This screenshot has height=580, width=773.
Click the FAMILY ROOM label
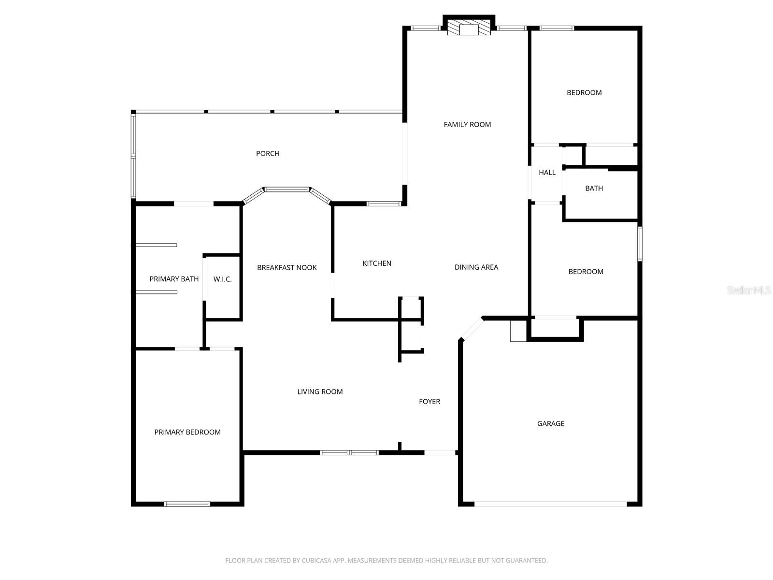tap(467, 125)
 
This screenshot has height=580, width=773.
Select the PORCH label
tap(268, 154)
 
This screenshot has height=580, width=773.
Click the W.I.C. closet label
tap(223, 279)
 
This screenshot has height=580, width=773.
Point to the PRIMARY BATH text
tap(174, 279)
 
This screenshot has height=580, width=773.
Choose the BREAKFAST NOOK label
tap(287, 268)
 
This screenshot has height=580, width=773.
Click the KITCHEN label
tap(377, 263)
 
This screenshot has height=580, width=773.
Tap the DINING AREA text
tap(476, 267)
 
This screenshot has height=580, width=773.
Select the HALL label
tap(547, 173)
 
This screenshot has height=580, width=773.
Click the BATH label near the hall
tap(594, 188)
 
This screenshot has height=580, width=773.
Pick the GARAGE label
tap(551, 424)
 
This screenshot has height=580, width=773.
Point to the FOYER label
tap(429, 402)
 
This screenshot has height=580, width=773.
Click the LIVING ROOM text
tap(320, 392)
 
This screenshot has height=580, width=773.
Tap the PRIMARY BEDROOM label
tap(187, 433)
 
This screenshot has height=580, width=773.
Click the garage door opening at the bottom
tap(550, 504)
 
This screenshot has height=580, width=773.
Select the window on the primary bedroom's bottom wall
tap(187, 504)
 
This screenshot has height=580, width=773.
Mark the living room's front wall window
tap(349, 453)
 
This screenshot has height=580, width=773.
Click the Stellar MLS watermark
tap(749, 290)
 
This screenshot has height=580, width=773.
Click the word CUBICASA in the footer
tap(316, 561)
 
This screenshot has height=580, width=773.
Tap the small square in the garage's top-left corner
tap(518, 331)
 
